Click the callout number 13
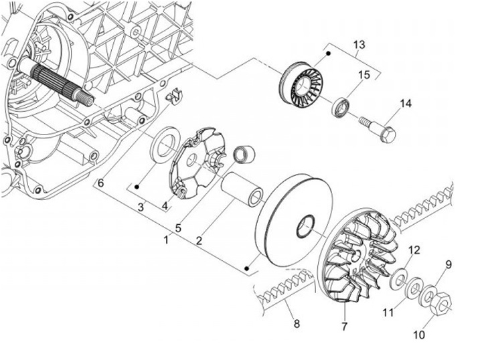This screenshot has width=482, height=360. (x=359, y=45)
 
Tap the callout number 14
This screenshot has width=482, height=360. (x=406, y=104)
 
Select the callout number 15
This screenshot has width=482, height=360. (x=364, y=76)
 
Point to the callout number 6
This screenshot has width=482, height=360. (x=101, y=183)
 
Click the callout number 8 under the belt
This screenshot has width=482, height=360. (x=297, y=323)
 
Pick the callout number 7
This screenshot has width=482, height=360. (x=345, y=327)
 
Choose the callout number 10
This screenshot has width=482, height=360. (x=419, y=335)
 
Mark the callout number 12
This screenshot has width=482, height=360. (x=414, y=250)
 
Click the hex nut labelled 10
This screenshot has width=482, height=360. (x=439, y=303)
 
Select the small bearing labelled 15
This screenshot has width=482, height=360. (x=341, y=107)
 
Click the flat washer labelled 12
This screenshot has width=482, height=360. (x=399, y=279)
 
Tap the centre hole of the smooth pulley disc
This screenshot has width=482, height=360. (x=305, y=227)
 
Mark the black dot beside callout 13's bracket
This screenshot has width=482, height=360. (x=328, y=54)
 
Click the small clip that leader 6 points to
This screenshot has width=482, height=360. (x=174, y=96)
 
